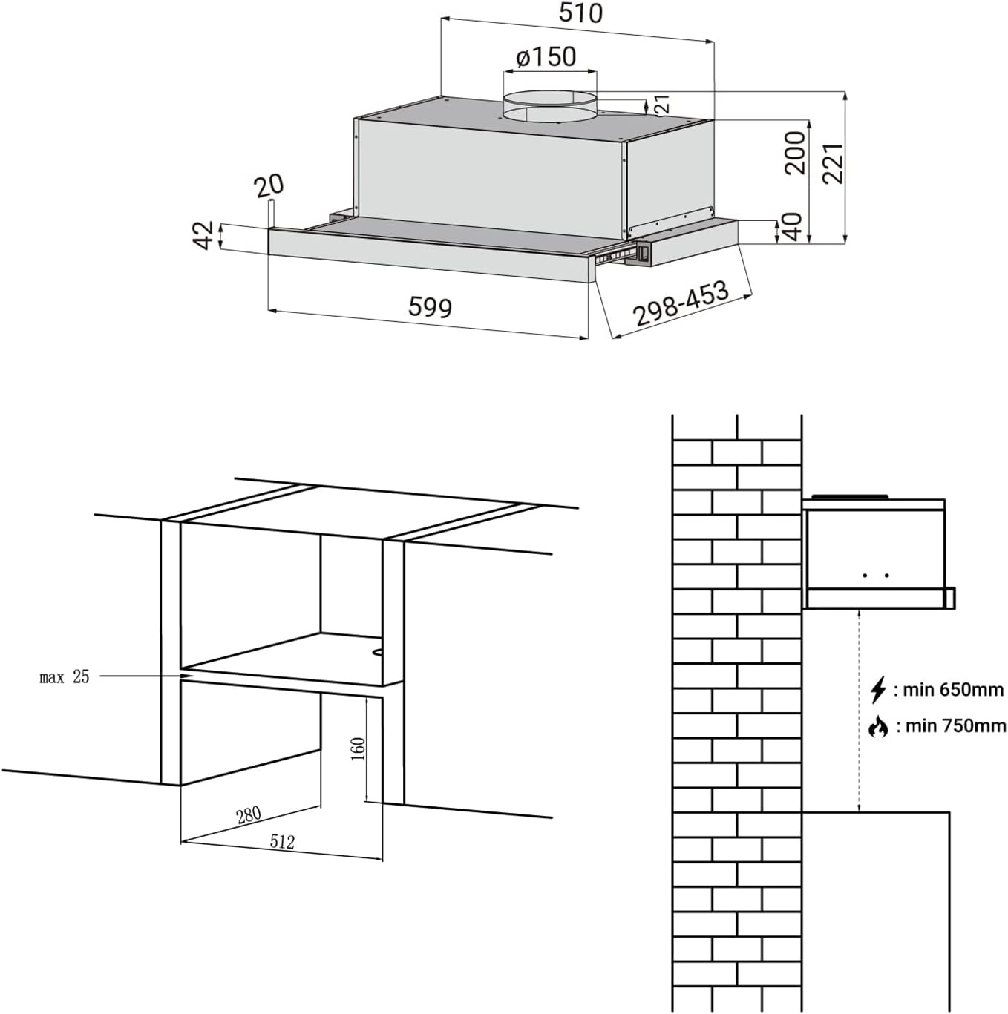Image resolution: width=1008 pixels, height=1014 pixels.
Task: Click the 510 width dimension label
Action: [x=580, y=13]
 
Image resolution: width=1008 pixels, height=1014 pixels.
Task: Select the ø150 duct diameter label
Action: [x=546, y=56]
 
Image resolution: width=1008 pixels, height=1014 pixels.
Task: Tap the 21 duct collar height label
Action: [x=663, y=103]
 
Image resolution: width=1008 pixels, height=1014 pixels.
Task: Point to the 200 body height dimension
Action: [x=795, y=153]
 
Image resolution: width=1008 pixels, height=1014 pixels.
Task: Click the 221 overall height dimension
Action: [x=833, y=163]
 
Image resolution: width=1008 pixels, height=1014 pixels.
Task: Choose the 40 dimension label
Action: [x=792, y=226]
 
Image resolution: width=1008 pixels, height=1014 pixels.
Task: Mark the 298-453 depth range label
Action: [x=680, y=303]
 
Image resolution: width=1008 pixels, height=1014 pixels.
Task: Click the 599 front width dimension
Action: [x=430, y=306]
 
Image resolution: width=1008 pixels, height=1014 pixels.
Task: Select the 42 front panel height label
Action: [x=203, y=235]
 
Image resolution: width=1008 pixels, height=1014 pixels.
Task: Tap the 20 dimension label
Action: [x=269, y=185]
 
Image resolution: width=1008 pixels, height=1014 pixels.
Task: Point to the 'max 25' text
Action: [x=65, y=676]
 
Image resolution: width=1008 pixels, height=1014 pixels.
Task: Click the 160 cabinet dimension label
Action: [x=358, y=748]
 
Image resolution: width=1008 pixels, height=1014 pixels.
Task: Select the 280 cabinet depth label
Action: [x=249, y=814]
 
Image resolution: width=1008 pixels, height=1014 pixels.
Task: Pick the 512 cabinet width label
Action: [x=282, y=841]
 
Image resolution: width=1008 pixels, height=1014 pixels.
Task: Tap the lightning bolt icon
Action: [x=878, y=689]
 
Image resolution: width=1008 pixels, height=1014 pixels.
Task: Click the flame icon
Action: [x=878, y=726]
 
